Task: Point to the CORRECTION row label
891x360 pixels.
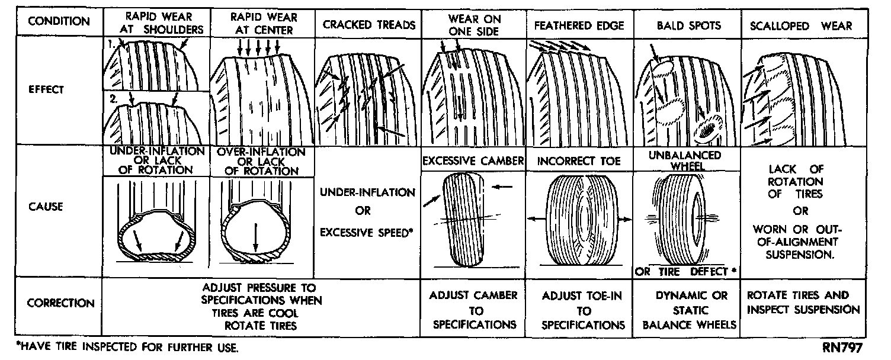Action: [x=60, y=303]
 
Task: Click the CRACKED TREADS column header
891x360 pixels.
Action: [x=369, y=25]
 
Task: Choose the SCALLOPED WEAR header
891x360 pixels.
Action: [x=800, y=26]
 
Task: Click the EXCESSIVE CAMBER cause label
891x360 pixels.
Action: [x=473, y=160]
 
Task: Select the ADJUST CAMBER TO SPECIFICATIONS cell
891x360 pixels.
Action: [x=474, y=310]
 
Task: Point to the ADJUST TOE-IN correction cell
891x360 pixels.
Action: [x=582, y=310]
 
